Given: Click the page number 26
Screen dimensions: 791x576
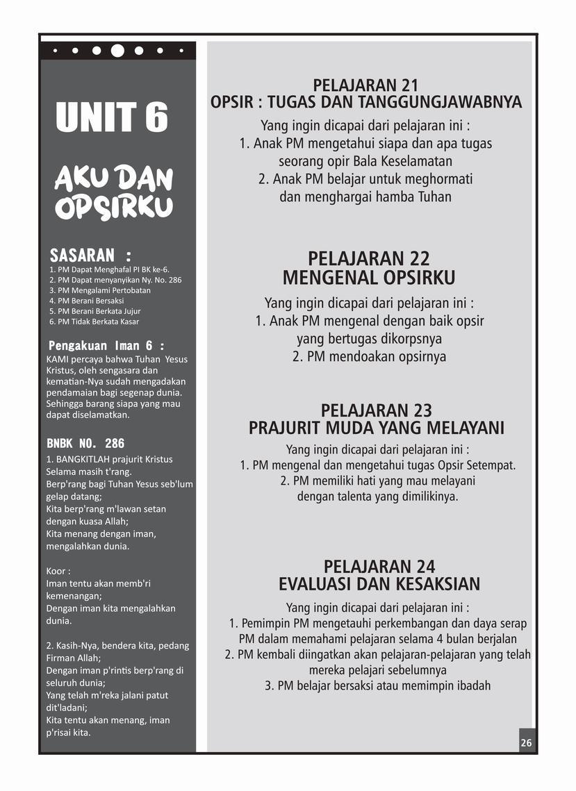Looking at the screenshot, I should point(526,742).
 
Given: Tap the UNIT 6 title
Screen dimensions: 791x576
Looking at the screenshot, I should point(112,117).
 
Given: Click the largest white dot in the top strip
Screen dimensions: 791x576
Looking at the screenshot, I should point(117,50).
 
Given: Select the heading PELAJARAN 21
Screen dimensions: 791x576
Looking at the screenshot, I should point(365,85).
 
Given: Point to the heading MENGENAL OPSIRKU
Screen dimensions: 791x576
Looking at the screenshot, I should point(369,278).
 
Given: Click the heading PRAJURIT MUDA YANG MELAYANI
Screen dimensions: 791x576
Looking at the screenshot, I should point(376,428).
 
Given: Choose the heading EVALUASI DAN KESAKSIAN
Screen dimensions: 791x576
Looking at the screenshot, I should point(379,583).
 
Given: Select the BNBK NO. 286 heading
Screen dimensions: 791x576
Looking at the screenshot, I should point(85,443).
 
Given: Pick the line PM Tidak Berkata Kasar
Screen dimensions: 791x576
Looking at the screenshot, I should point(94,322).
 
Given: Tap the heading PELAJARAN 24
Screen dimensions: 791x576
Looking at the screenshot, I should point(379,566).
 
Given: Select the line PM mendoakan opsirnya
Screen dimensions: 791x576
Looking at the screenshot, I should point(369,357).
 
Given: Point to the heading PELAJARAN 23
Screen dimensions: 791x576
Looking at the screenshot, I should point(376,410).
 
